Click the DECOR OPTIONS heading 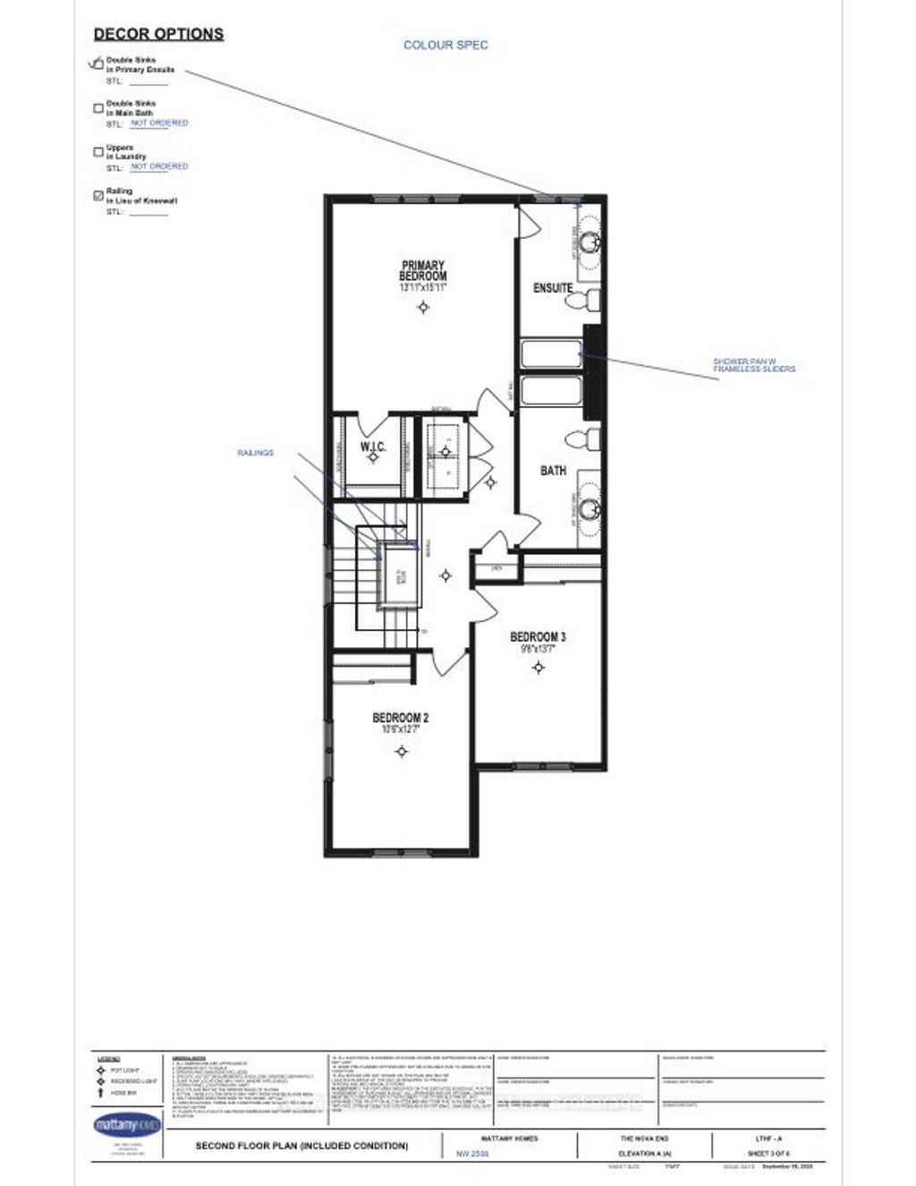pos(158,34)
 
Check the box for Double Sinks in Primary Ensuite pos(98,64)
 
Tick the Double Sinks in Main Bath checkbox pos(98,108)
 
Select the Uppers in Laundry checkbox pos(98,152)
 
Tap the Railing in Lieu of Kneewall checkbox pos(98,196)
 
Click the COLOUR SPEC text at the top pos(445,45)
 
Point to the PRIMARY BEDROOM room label pos(423,271)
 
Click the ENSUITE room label pos(553,288)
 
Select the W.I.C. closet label pos(372,446)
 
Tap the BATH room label pos(553,470)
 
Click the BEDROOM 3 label pos(538,637)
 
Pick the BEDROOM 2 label pos(401,718)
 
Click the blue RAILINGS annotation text pos(255,453)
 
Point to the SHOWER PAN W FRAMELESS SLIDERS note pos(753,365)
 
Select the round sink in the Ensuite pos(589,242)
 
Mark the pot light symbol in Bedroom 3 pos(539,667)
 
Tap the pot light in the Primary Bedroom pos(424,308)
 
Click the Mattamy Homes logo pos(126,1123)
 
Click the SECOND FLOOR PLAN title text pos(301,1146)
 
